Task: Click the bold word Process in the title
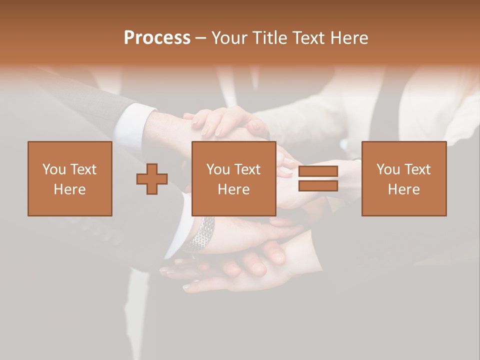tap(157, 37)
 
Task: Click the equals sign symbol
tap(318, 178)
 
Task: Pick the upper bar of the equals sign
tap(318, 171)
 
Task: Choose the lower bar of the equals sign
tap(318, 185)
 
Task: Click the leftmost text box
tap(70, 178)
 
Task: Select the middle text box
tap(234, 178)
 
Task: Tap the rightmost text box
tap(404, 178)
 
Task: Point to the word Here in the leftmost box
tap(69, 189)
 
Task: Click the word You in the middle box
tap(218, 169)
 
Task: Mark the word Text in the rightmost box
tap(417, 169)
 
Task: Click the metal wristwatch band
tap(200, 234)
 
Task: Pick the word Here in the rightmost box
tap(403, 189)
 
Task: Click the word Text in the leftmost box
tap(83, 169)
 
